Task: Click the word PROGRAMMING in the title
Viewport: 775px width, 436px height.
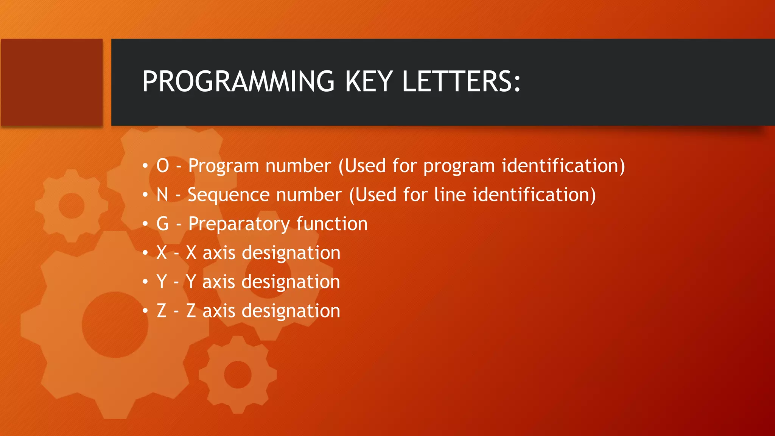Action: tap(238, 82)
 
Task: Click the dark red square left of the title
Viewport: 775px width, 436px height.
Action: tap(52, 82)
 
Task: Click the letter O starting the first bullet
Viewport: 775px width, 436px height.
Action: tap(163, 166)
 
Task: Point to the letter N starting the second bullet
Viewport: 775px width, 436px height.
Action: tap(162, 195)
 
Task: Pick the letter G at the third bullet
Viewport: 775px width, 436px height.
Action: tap(163, 224)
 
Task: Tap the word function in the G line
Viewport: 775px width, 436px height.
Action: tap(332, 224)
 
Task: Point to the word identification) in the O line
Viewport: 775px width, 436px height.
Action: tap(563, 166)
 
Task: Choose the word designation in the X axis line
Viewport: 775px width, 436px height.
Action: tap(291, 253)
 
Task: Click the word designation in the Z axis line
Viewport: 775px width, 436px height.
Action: tap(291, 311)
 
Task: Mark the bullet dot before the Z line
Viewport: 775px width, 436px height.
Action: tap(145, 311)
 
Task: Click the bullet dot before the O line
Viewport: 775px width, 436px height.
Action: tap(145, 166)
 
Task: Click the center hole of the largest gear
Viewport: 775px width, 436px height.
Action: tap(115, 324)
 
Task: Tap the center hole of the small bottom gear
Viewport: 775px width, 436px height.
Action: tap(238, 375)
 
